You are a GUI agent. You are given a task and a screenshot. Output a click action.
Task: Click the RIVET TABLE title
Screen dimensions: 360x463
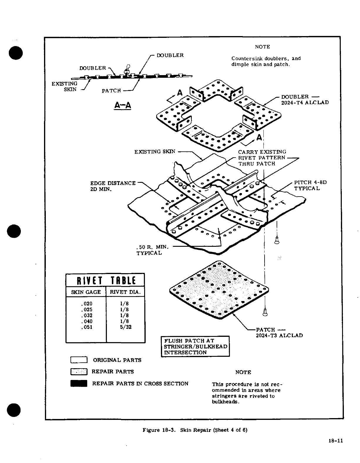[105, 280]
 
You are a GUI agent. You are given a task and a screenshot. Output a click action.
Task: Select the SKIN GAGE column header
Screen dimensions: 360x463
[86, 292]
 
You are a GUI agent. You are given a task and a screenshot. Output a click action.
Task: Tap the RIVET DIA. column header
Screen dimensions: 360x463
[125, 292]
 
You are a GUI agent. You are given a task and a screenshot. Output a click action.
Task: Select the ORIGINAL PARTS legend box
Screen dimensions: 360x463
[79, 360]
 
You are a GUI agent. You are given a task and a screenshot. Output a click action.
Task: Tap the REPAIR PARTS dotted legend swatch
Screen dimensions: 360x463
[79, 372]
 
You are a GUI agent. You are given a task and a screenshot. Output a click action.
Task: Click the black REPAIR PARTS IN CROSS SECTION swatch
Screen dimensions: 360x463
[79, 383]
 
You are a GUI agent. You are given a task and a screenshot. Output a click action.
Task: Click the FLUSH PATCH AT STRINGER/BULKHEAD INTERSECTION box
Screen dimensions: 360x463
[195, 347]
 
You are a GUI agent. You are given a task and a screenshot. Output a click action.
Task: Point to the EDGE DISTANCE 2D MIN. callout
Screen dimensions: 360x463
[113, 186]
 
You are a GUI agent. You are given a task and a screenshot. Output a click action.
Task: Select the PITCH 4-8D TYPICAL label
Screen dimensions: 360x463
[310, 185]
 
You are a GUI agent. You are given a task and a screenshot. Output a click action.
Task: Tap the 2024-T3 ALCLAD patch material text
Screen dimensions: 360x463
[279, 335]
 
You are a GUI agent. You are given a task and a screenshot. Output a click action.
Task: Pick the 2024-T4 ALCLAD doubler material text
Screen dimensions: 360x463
[305, 102]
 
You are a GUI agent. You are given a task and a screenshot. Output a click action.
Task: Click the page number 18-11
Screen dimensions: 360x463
[336, 440]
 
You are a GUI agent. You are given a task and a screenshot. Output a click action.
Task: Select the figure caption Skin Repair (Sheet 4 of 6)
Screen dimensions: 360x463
[195, 430]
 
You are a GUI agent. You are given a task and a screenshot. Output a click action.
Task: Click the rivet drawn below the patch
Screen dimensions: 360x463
[265, 312]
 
